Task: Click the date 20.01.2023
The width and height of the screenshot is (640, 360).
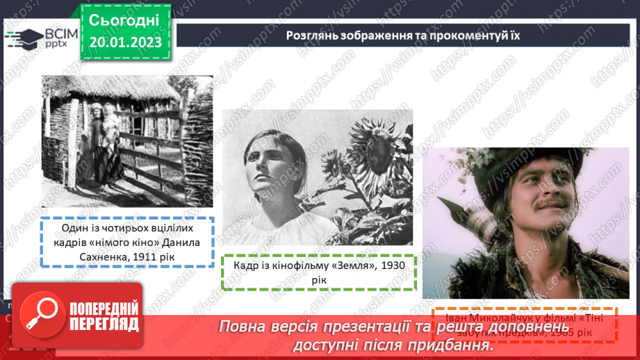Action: point(125,42)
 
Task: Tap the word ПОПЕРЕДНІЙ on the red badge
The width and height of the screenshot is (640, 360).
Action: point(103,309)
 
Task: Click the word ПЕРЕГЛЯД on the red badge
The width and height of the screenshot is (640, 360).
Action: point(103,324)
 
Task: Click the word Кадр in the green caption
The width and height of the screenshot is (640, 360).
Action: point(247,265)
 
